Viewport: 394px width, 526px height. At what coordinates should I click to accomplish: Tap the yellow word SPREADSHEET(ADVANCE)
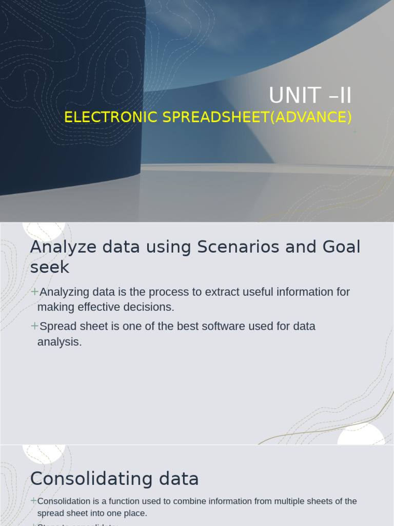(x=257, y=117)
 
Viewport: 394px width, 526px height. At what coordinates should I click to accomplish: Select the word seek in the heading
(x=49, y=267)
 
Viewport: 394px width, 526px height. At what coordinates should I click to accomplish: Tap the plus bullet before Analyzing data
(x=34, y=292)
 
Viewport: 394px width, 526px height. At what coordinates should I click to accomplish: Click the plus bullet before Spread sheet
(x=34, y=326)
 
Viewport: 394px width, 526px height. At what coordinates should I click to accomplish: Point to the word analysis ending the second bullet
(x=60, y=342)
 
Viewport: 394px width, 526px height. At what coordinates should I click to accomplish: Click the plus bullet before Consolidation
(x=33, y=501)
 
